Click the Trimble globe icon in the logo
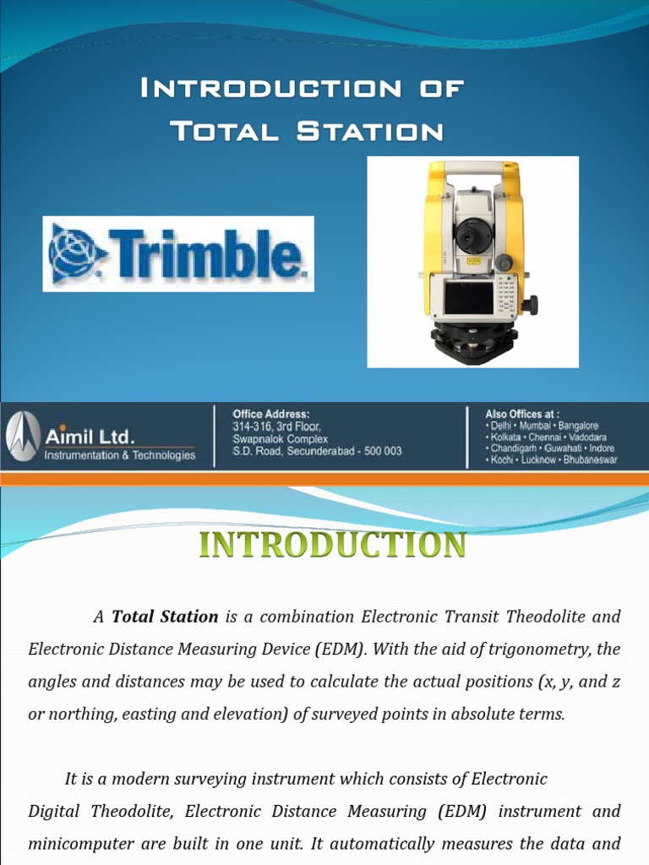pos(77,253)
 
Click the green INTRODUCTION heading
pos(332,545)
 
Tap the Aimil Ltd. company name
pos(89,437)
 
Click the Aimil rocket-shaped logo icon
pos(21,437)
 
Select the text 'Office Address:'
pos(271,414)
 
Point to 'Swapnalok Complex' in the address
pos(281,439)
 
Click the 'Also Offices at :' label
pos(522,414)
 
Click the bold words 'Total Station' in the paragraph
pos(165,617)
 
